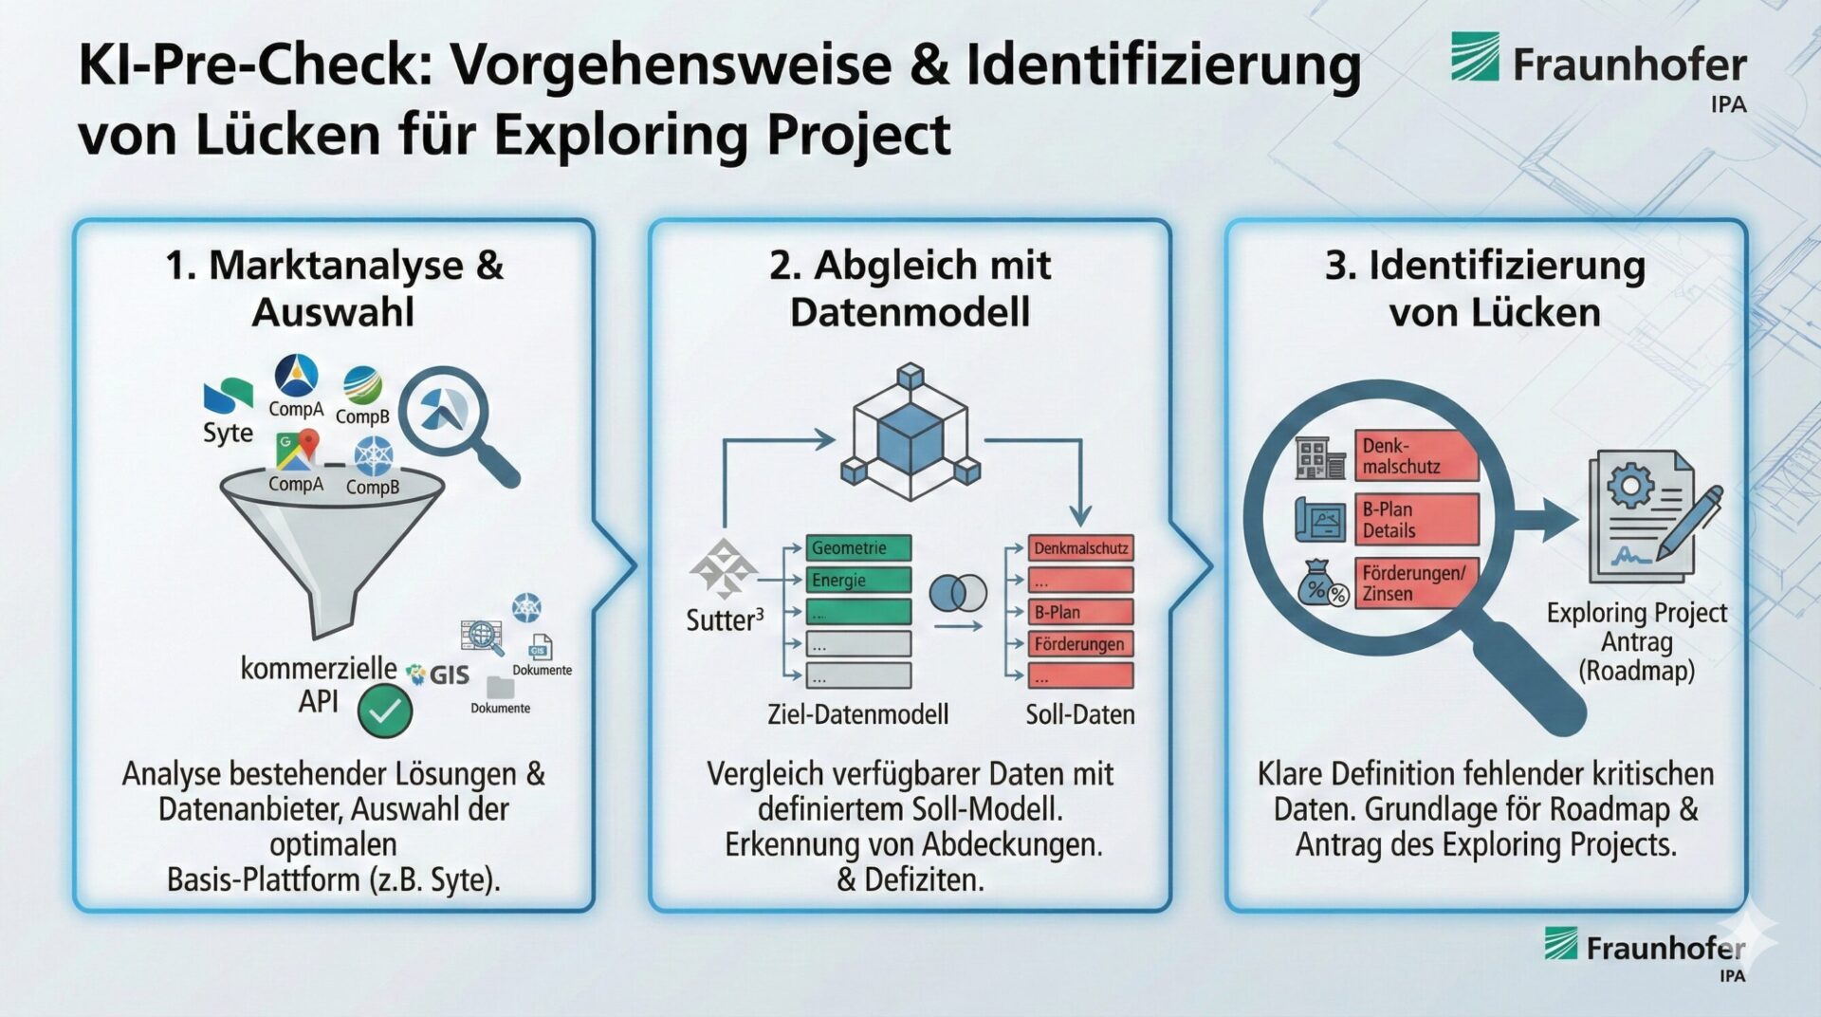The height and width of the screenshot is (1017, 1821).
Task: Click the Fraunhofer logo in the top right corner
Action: tap(1598, 66)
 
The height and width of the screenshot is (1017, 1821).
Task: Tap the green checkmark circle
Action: tap(385, 712)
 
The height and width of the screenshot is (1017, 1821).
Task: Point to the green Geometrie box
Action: tap(858, 548)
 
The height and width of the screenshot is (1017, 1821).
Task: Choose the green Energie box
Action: tap(858, 581)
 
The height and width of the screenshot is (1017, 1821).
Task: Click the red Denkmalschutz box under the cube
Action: tap(1081, 548)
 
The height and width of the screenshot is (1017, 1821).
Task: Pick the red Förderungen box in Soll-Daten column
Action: tap(1081, 644)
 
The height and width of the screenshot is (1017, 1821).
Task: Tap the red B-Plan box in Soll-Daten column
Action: tap(1081, 612)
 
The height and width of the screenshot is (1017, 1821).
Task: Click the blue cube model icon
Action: tap(910, 432)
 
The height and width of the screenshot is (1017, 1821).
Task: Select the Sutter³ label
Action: tap(725, 620)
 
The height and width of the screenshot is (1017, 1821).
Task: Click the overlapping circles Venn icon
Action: tap(958, 594)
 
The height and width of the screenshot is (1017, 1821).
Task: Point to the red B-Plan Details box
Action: tap(1417, 520)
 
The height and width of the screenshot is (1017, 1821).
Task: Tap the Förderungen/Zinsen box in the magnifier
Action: tap(1417, 583)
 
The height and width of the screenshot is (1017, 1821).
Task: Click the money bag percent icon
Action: tap(1322, 583)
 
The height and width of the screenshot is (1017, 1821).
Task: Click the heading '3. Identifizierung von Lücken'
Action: tap(1485, 288)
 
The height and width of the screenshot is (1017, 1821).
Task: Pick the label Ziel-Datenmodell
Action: tap(857, 714)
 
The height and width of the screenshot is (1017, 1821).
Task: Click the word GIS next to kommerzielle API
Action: tap(449, 675)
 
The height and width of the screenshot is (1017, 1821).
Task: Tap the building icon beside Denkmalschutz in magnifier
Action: tap(1320, 457)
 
